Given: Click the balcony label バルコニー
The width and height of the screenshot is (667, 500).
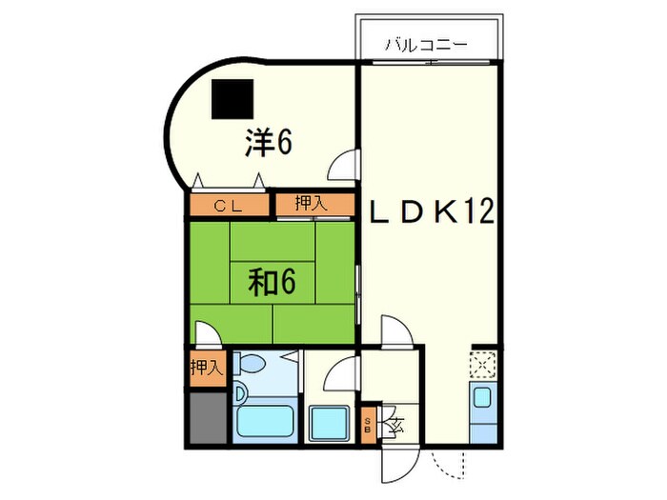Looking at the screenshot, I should click(426, 44).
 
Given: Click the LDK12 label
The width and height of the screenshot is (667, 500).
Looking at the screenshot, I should click(432, 211).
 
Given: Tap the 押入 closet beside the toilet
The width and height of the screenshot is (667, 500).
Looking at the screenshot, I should click(206, 368).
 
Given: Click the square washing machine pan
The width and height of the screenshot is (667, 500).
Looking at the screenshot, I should click(331, 420).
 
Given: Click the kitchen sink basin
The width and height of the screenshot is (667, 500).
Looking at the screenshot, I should click(483, 399).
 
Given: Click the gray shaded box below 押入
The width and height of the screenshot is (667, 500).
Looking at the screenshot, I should click(206, 416).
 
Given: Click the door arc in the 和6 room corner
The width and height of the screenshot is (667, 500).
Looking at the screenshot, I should click(209, 332).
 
